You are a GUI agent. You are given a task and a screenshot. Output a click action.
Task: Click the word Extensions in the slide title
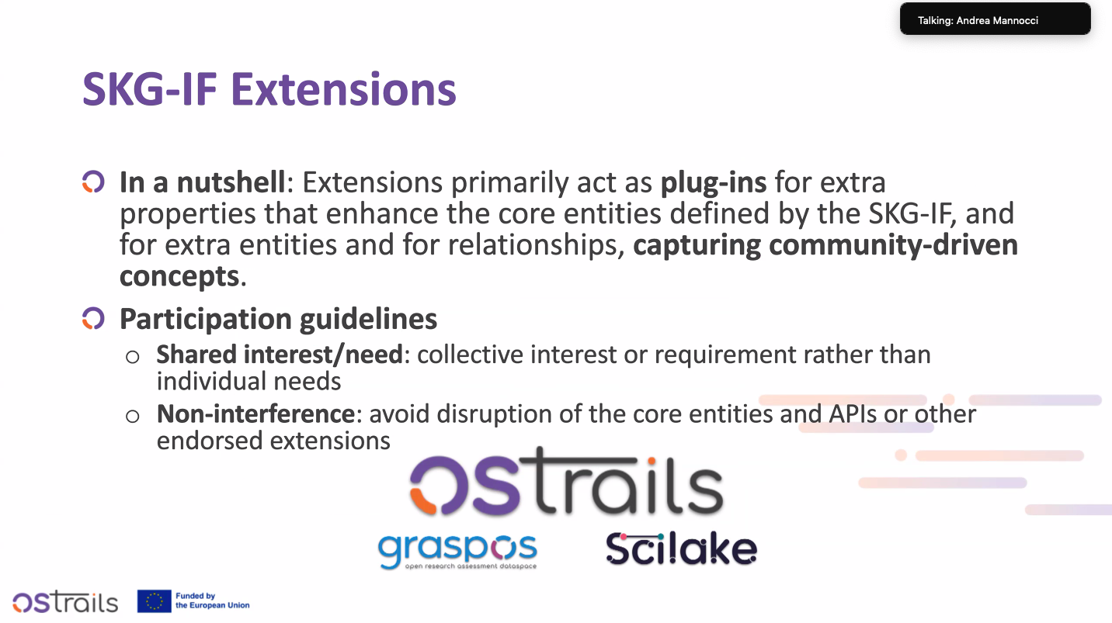coord(343,89)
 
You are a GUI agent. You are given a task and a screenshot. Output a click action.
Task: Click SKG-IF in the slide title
coord(150,89)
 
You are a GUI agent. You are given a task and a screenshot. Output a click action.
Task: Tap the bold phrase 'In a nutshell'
coord(203,182)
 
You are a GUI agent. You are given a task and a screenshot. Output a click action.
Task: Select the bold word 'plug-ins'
coord(714,183)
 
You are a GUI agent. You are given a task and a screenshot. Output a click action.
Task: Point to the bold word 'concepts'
coord(179,277)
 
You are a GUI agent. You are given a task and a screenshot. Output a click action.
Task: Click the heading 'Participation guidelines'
coord(279,319)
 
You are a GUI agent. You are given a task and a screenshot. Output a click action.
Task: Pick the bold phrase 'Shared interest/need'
coord(280,354)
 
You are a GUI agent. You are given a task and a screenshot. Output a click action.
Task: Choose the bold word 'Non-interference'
coord(255,414)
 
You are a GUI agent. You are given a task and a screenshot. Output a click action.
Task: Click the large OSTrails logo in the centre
coord(566,480)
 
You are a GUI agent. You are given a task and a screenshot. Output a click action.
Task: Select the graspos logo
coord(457,552)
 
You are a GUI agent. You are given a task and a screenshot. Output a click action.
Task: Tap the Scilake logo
coord(682,549)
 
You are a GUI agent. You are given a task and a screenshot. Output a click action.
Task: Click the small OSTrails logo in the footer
coord(65,601)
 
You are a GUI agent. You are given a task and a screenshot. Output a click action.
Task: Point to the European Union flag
coord(155,601)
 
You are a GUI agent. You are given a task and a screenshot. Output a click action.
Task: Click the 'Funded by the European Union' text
coord(213,601)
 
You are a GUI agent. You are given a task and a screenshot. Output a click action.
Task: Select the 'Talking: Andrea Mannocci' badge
coord(996,19)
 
